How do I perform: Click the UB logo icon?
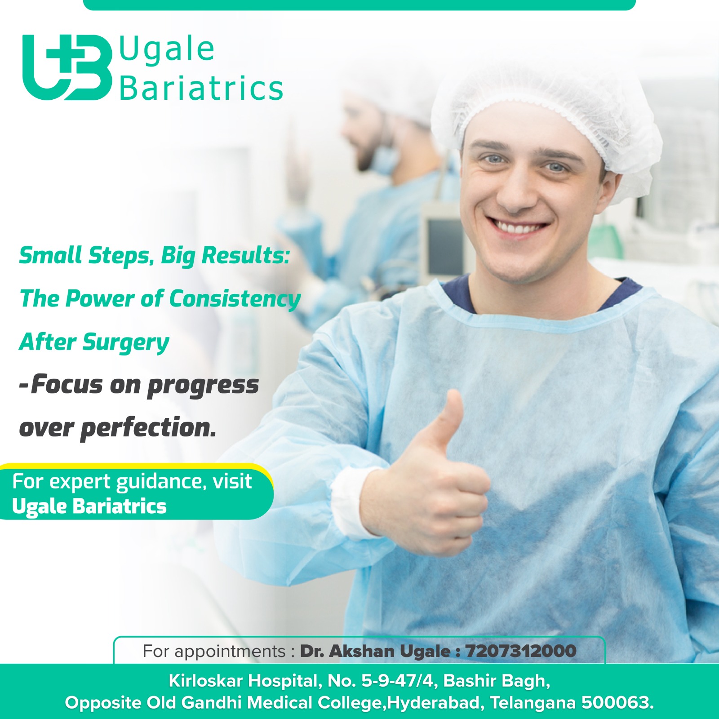[67, 67]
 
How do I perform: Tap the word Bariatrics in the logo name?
[201, 88]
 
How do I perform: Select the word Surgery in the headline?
[126, 343]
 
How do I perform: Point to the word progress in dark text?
[203, 386]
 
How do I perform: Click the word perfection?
[149, 428]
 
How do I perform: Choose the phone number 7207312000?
[521, 651]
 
